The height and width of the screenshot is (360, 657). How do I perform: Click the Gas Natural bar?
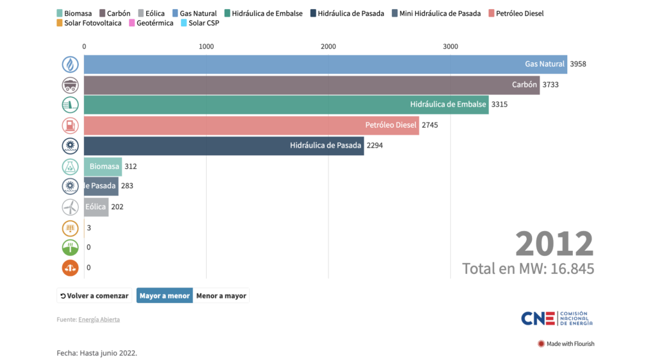pyautogui.click(x=325, y=64)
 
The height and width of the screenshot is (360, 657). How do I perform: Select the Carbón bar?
pyautogui.click(x=311, y=85)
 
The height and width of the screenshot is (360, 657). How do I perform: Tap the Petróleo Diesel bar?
pyautogui.click(x=251, y=125)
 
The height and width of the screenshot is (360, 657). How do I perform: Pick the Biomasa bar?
pyautogui.click(x=103, y=166)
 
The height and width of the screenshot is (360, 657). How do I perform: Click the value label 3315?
pyautogui.click(x=499, y=105)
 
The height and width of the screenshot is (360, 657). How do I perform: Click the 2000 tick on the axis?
pyautogui.click(x=328, y=46)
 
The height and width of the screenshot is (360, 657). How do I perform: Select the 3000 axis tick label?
pyautogui.click(x=450, y=46)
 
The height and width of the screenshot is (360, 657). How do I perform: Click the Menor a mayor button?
pyautogui.click(x=221, y=296)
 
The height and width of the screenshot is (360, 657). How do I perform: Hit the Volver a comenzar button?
pyautogui.click(x=94, y=296)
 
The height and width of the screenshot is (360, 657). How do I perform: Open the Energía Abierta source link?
pyautogui.click(x=99, y=320)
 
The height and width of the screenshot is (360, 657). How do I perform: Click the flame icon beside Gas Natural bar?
pyautogui.click(x=71, y=64)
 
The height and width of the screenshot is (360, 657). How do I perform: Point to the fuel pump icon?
pyautogui.click(x=71, y=125)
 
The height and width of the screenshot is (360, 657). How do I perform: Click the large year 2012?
pyautogui.click(x=554, y=244)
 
